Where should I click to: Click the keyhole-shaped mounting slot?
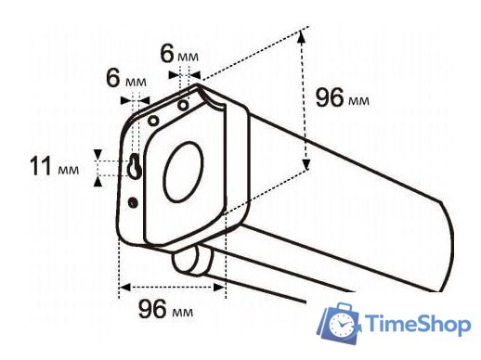click(x=135, y=167)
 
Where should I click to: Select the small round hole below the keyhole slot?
click(x=134, y=201)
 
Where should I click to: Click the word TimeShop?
click(x=418, y=324)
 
